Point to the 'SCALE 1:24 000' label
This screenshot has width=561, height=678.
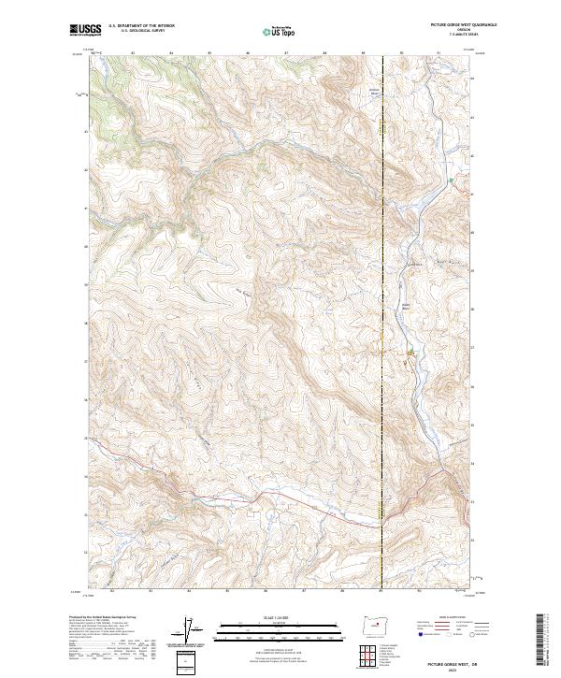pyautogui.click(x=280, y=616)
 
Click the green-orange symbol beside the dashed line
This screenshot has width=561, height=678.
pyautogui.click(x=410, y=353)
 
